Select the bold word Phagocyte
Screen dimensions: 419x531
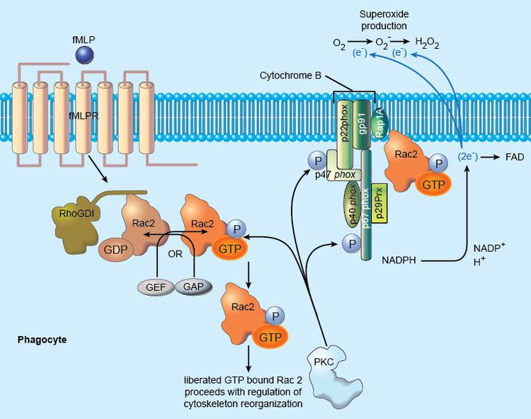point(42,340)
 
